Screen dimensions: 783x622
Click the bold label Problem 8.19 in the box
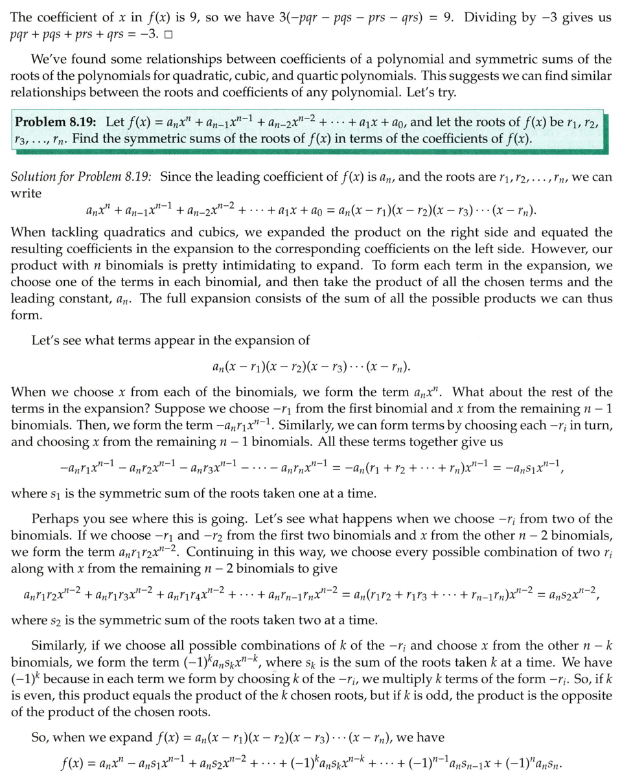coord(56,122)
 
